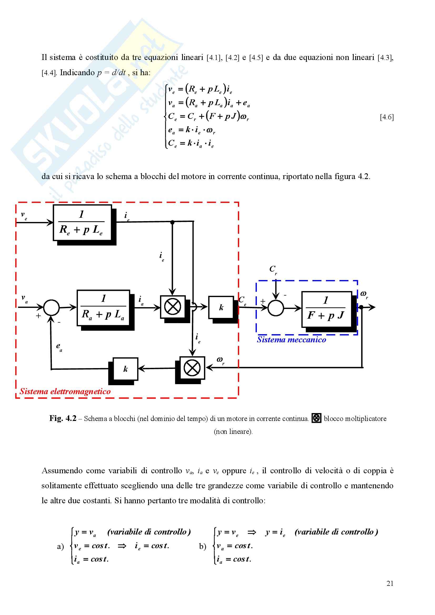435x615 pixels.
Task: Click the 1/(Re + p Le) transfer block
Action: pyautogui.click(x=82, y=223)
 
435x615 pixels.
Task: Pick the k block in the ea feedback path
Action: pyautogui.click(x=126, y=369)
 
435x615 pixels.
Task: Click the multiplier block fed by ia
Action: pyautogui.click(x=173, y=307)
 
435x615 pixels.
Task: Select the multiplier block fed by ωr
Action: pyautogui.click(x=192, y=368)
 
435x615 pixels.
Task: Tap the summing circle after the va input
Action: pyautogui.click(x=51, y=307)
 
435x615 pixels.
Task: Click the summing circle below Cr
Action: pyautogui.click(x=276, y=308)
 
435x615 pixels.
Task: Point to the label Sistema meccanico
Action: pyautogui.click(x=291, y=340)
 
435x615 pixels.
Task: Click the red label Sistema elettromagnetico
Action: pyautogui.click(x=65, y=391)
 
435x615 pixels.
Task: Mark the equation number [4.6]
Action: pyautogui.click(x=387, y=117)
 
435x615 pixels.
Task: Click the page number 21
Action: pyautogui.click(x=390, y=583)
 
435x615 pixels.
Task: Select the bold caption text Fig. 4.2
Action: pyautogui.click(x=63, y=418)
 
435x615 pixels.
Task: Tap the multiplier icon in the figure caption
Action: pyautogui.click(x=316, y=418)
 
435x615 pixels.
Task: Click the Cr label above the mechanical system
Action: pyautogui.click(x=273, y=270)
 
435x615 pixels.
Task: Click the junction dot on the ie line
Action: pyautogui.click(x=172, y=222)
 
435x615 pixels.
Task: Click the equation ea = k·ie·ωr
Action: pyautogui.click(x=192, y=130)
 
